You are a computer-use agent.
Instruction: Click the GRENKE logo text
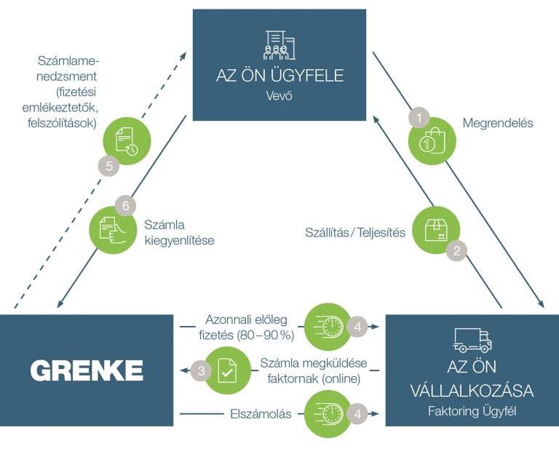(87, 370)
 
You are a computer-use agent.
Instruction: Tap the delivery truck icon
(472, 338)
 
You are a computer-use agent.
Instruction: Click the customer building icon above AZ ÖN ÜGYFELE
(279, 45)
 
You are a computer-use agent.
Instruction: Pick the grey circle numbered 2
(456, 250)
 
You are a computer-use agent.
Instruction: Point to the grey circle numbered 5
(108, 166)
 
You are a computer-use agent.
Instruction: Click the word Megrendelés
(498, 123)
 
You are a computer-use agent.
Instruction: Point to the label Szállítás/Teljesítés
(354, 233)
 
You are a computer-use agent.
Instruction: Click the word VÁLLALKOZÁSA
(472, 391)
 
